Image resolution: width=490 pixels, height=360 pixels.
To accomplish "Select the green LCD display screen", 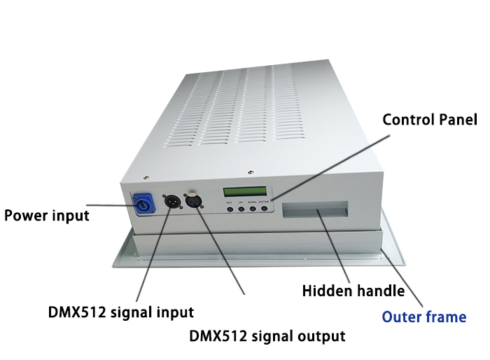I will (x=246, y=193).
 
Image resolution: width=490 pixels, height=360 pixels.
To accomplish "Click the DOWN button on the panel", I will (x=252, y=208).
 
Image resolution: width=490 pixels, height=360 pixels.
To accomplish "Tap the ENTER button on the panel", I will (x=263, y=208).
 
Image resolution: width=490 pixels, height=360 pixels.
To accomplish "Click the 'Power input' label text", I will (x=47, y=215).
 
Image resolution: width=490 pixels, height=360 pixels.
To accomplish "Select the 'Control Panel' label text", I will (x=430, y=120).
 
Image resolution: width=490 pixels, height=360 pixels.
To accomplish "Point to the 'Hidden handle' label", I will (x=353, y=291).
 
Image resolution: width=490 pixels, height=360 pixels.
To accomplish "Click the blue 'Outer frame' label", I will (x=423, y=317).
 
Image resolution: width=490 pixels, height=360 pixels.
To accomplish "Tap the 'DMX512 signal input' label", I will (x=121, y=311).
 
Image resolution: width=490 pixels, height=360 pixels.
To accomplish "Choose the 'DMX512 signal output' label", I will (x=267, y=335).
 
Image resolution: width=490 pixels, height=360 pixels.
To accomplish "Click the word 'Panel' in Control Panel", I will (x=456, y=120).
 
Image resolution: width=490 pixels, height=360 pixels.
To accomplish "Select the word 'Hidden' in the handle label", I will (x=326, y=291).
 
